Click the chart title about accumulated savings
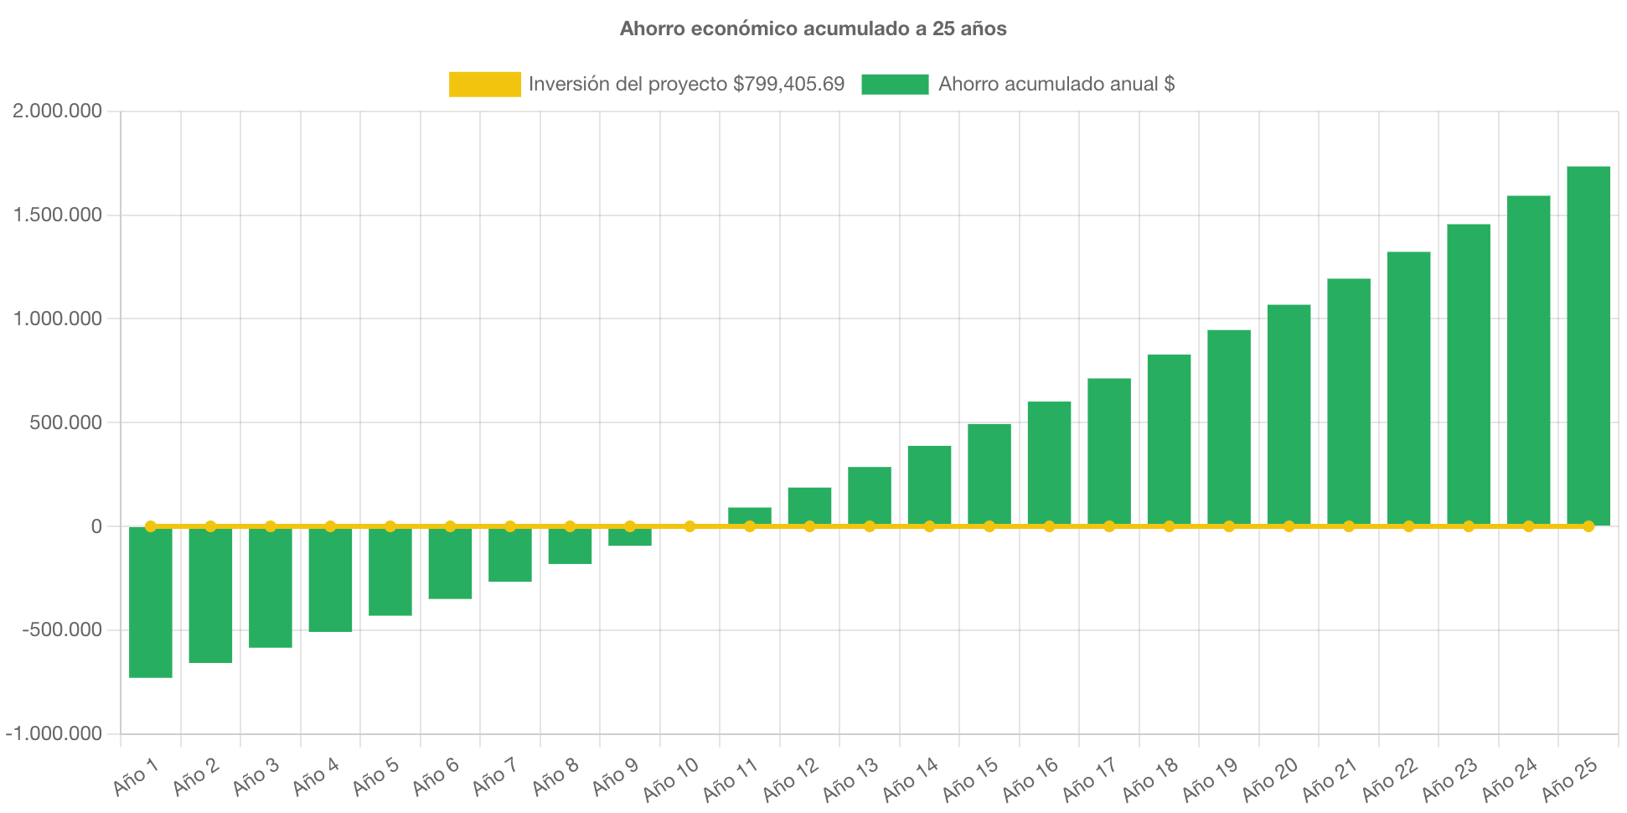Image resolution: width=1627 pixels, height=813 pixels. pos(813,28)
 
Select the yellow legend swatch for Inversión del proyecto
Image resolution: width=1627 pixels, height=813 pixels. pos(484,84)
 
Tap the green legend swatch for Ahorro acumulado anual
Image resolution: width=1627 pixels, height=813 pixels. pos(895,84)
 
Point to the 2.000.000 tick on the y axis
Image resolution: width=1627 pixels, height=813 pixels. pos(57,111)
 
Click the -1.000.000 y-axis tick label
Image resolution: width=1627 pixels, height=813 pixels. pos(54,733)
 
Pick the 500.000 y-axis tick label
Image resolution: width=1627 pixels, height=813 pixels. pos(65,422)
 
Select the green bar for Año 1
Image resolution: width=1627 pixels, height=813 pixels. pos(151,603)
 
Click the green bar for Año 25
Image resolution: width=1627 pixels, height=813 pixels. pos(1588,344)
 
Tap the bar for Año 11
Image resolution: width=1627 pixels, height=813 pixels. pos(749,515)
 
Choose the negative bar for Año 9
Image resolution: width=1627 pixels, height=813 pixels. pos(630,538)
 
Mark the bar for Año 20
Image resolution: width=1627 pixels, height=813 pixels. pos(1289,415)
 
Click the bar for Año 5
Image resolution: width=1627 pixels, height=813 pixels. pos(390,573)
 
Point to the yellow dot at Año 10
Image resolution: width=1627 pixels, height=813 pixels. pos(690,526)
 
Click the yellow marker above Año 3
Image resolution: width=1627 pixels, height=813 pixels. pos(271,526)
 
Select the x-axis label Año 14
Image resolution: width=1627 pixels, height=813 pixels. pos(911,779)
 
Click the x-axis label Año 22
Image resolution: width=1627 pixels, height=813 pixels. pos(1390,779)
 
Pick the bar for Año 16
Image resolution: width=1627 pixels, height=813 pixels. pos(1049,463)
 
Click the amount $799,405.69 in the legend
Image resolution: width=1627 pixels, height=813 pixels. pos(788,84)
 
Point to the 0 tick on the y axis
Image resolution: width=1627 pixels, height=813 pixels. pos(96,526)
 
